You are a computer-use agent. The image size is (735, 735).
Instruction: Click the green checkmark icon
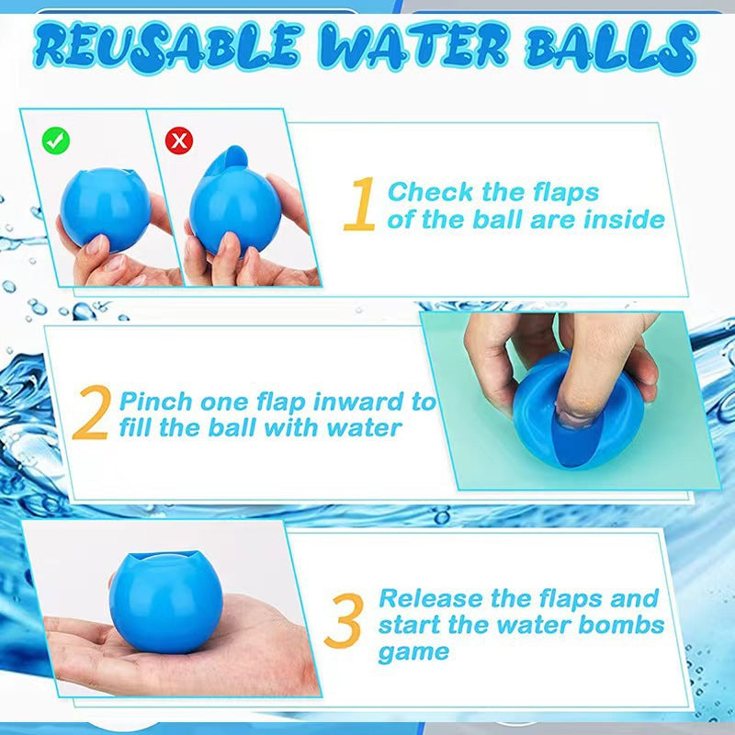[x=56, y=141]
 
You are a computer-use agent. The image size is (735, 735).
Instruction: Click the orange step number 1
[x=359, y=204]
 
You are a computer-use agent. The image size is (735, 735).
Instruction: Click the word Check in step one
[x=430, y=192]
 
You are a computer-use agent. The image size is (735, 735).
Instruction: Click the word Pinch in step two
[x=157, y=402]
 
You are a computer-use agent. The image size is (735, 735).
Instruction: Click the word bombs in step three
[x=618, y=626]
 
